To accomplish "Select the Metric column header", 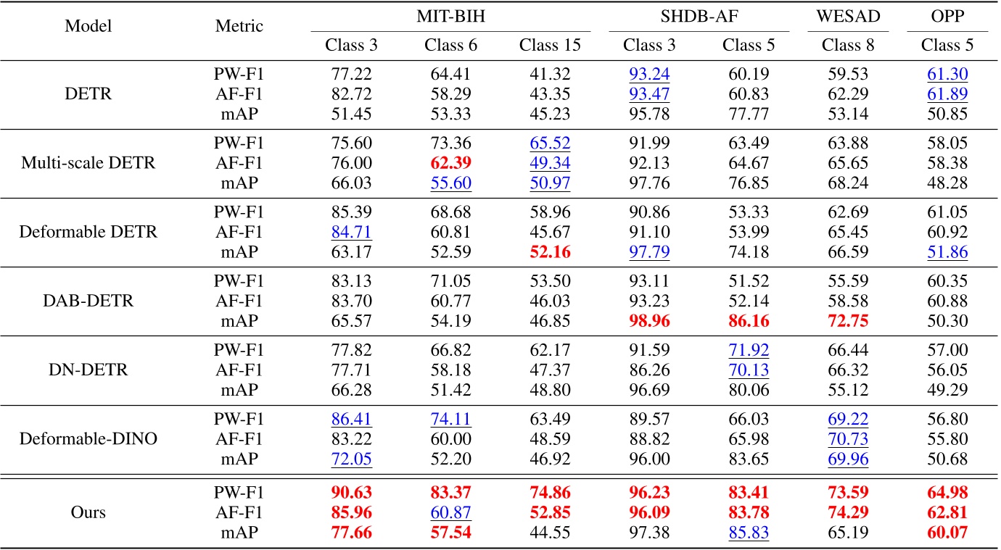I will pos(239,26).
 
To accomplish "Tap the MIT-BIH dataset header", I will pos(450,16).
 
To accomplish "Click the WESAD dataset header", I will pos(848,16).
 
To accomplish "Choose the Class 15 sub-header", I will pos(550,45).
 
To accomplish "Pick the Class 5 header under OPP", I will pos(947,45).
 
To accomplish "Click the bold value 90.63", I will pos(351,493).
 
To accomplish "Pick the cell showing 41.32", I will pos(550,73).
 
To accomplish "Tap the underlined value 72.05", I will pos(351,457).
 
